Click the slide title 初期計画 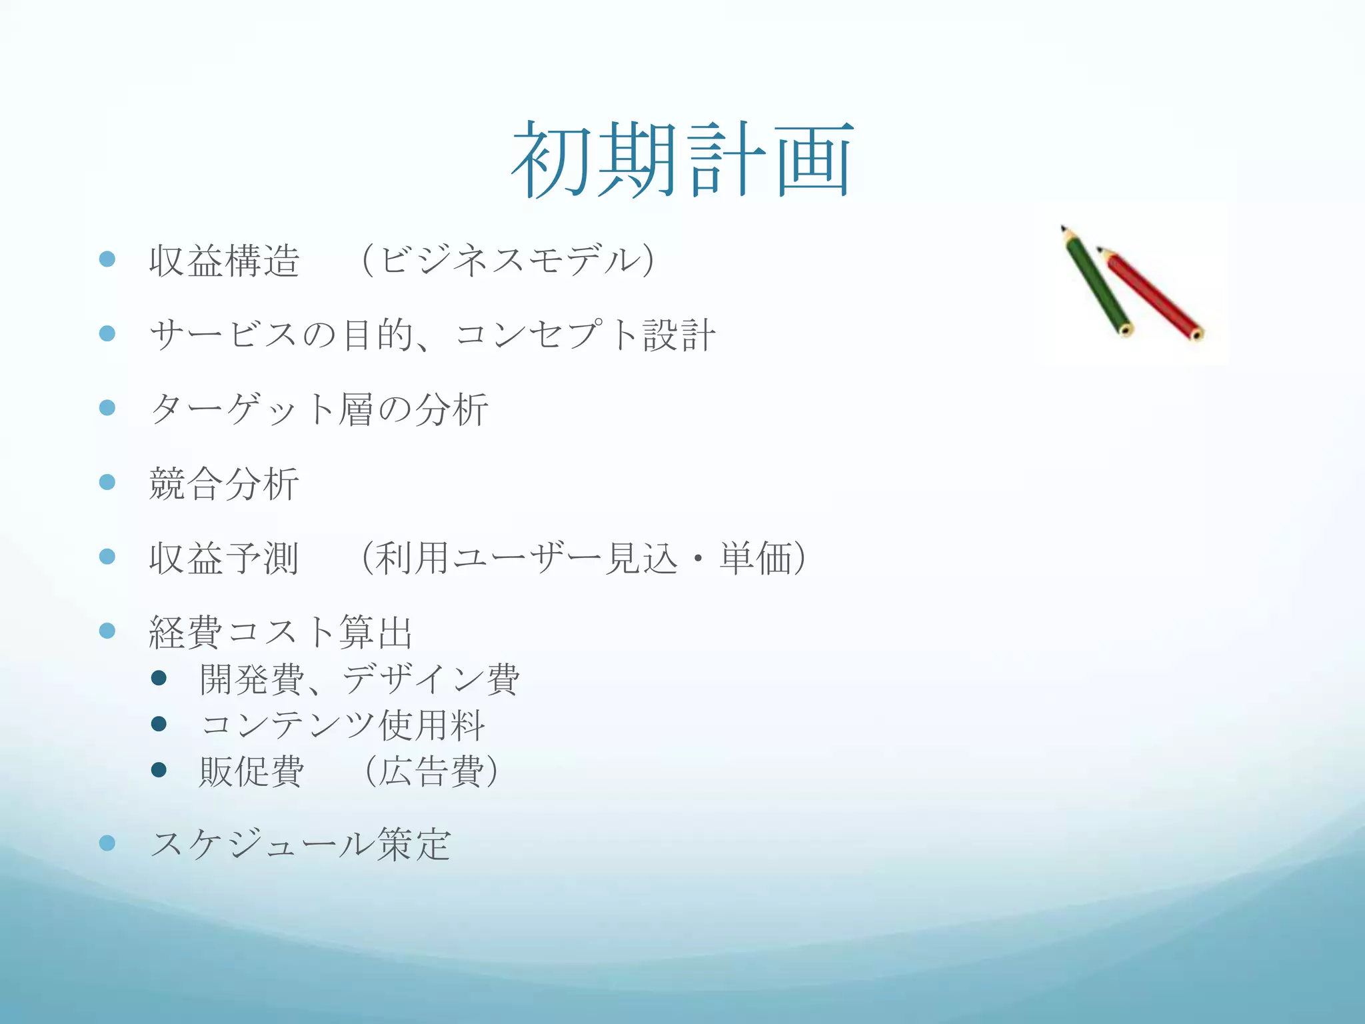pyautogui.click(x=682, y=160)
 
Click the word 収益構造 pyautogui.click(x=225, y=261)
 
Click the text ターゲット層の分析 pyautogui.click(x=319, y=409)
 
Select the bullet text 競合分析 pyautogui.click(x=225, y=483)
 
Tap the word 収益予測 pyautogui.click(x=225, y=558)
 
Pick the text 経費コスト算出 pyautogui.click(x=281, y=632)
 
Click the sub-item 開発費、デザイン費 pyautogui.click(x=359, y=679)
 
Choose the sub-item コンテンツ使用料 pyautogui.click(x=342, y=725)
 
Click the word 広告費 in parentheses pyautogui.click(x=432, y=771)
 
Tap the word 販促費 pyautogui.click(x=251, y=771)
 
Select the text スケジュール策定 pyautogui.click(x=300, y=844)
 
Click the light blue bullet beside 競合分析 pyautogui.click(x=107, y=482)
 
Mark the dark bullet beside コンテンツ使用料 pyautogui.click(x=159, y=724)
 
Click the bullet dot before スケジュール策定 pyautogui.click(x=107, y=843)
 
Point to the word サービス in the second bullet pyautogui.click(x=223, y=335)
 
